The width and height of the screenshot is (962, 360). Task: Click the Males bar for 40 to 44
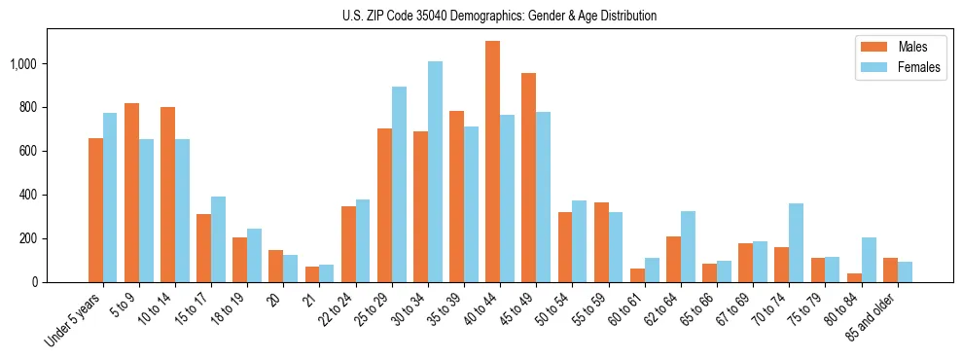pos(493,162)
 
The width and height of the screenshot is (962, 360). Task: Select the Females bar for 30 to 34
pos(435,172)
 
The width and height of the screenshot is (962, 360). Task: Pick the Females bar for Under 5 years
pos(110,198)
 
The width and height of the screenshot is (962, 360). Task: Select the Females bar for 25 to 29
pos(399,185)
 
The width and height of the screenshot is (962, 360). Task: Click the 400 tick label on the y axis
pos(29,195)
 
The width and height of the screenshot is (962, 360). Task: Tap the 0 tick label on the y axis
pos(35,282)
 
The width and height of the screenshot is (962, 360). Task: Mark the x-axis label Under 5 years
pos(76,320)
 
